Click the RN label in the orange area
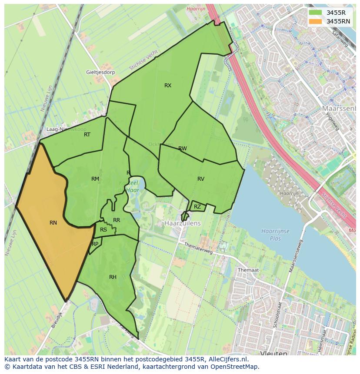pos(53,223)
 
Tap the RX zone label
pos(168,86)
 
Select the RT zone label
pos(87,135)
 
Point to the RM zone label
pos(95,179)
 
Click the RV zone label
pos(201,179)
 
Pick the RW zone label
pos(183,149)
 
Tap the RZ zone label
pos(197,207)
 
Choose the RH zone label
pos(113,277)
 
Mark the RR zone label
pos(117,220)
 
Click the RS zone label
pos(103,230)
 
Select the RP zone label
pos(95,244)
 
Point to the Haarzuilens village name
pos(183,223)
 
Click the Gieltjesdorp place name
pos(100,72)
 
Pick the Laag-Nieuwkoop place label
pos(67,129)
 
